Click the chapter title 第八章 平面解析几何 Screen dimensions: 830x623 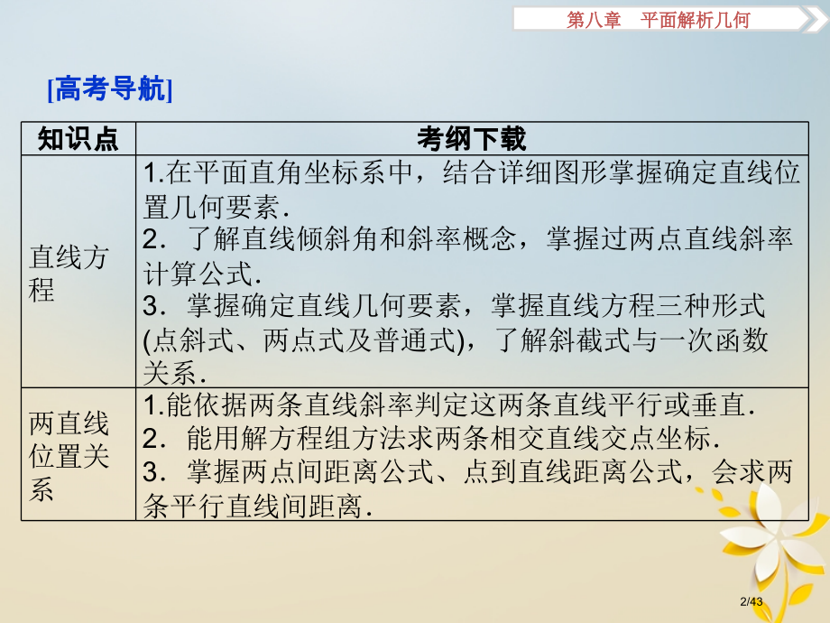tap(658, 20)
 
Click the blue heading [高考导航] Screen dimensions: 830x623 tap(110, 88)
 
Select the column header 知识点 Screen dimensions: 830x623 tap(78, 139)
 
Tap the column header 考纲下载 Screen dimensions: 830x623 tap(471, 139)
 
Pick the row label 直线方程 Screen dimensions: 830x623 tap(69, 274)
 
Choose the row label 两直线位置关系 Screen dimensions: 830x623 tap(69, 456)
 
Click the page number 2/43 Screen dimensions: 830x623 tap(752, 601)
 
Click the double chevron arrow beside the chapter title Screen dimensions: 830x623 tap(816, 20)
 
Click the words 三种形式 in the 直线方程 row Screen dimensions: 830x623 tap(710, 306)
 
